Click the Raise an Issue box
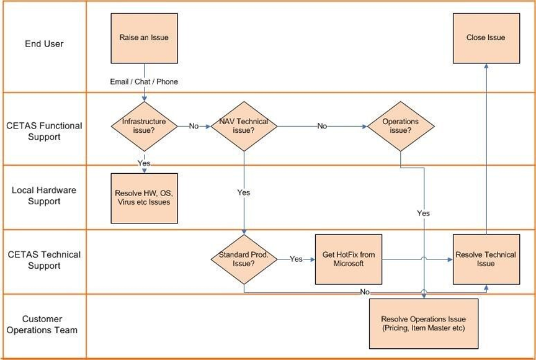[x=144, y=38]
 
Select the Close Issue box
[x=486, y=38]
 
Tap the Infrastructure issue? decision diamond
[x=144, y=126]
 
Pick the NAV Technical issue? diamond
[x=244, y=126]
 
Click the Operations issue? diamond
[x=400, y=126]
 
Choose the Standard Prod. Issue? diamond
[x=244, y=259]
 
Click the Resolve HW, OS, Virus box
[x=144, y=198]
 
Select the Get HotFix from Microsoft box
[x=349, y=259]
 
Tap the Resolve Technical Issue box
[x=486, y=259]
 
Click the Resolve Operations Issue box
[x=423, y=323]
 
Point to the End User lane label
[x=44, y=44]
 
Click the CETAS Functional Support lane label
[x=44, y=131]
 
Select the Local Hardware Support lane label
[x=44, y=196]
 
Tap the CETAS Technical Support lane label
[x=44, y=260]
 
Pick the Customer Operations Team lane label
[x=44, y=325]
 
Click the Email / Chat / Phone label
[x=144, y=81]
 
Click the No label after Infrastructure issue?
[x=194, y=126]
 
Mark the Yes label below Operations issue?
[x=423, y=213]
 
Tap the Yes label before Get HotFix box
[x=296, y=259]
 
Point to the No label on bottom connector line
[x=365, y=292]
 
